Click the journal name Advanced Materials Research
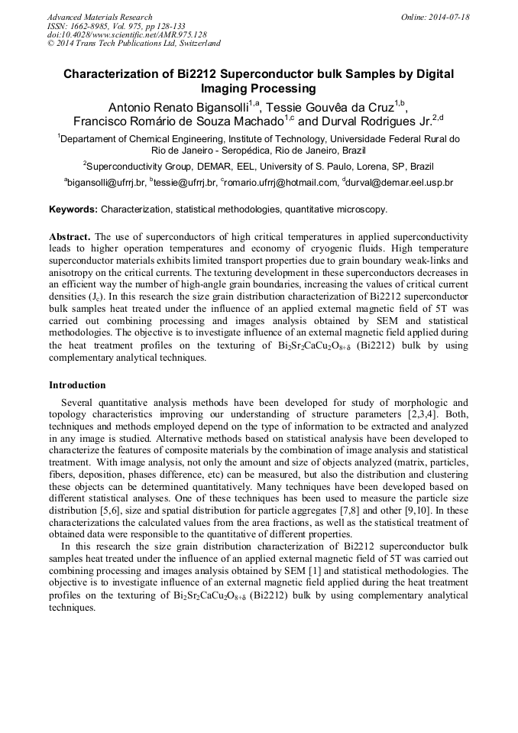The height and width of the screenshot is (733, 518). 99,17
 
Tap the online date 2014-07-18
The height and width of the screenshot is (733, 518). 448,17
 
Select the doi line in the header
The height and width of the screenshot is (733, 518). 126,34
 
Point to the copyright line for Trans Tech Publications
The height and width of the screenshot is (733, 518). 134,44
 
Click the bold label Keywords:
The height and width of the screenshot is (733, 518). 73,209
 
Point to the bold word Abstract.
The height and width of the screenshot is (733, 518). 70,237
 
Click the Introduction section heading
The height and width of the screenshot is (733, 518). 77,384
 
